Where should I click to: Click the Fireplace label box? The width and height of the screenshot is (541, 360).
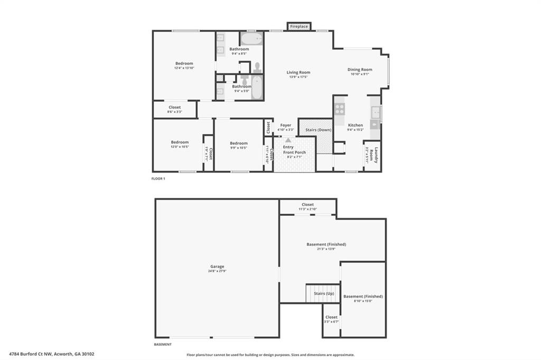(299, 26)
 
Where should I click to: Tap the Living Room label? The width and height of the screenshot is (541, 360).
(299, 72)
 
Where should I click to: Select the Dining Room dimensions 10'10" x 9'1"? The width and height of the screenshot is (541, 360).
(360, 74)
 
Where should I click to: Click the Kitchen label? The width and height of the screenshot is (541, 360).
(355, 125)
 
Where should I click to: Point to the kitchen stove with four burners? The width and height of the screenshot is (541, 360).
(339, 109)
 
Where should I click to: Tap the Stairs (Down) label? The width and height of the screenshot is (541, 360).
(319, 130)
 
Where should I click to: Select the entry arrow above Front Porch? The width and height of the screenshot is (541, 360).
(288, 140)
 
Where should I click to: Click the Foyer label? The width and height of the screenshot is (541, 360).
(286, 125)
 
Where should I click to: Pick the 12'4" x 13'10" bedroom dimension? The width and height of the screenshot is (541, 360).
(184, 68)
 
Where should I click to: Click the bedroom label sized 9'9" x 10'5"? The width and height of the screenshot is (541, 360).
(239, 143)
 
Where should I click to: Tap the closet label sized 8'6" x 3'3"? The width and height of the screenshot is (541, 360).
(174, 107)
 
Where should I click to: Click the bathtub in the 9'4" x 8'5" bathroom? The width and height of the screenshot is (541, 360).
(251, 39)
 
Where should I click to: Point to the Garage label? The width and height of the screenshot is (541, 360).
(217, 267)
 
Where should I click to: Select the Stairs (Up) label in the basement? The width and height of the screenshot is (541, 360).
(323, 292)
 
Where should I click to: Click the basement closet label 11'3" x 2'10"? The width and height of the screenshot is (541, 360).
(307, 205)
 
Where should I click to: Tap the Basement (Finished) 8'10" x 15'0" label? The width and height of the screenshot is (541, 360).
(363, 297)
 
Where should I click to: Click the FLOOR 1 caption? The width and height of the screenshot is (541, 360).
(158, 179)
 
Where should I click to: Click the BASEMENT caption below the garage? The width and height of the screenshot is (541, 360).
(163, 344)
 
